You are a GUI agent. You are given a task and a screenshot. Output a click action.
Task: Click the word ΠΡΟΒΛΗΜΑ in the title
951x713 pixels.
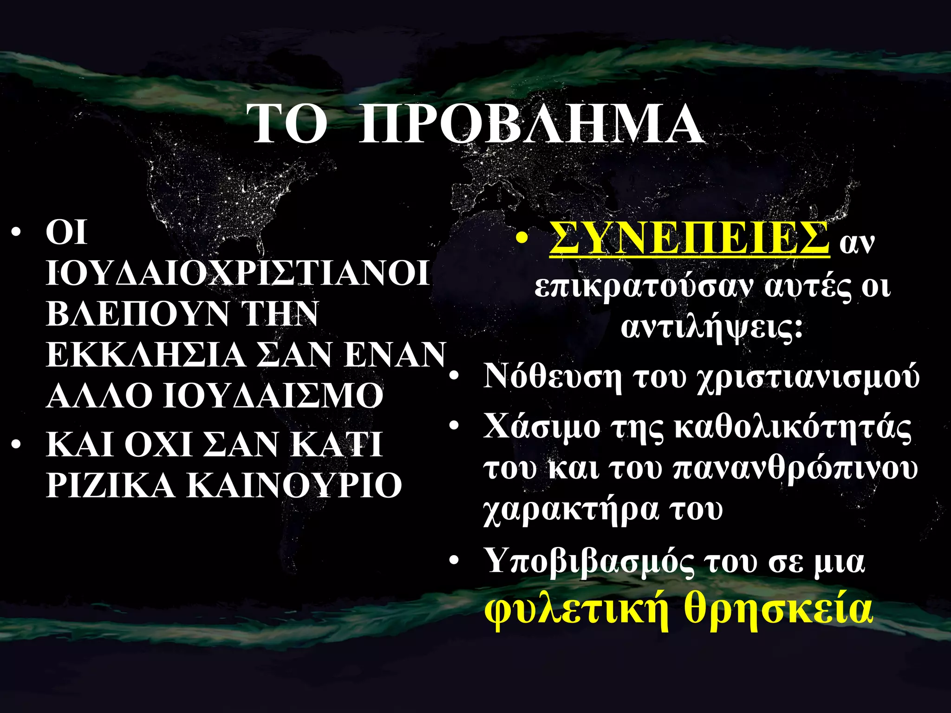(x=531, y=124)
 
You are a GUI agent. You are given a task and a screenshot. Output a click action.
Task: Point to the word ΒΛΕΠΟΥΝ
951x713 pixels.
(x=137, y=314)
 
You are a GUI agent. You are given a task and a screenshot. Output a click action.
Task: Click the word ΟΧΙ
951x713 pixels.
(x=158, y=444)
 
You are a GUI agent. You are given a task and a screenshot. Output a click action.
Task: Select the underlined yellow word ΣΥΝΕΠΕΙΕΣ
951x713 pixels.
(x=689, y=238)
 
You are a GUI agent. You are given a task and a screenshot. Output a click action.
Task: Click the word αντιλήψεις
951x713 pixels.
(x=711, y=327)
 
